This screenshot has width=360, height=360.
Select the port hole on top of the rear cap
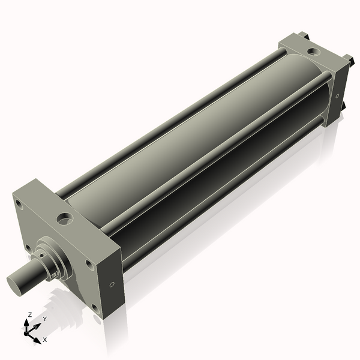pos(314,52)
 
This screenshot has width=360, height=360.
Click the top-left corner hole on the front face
pos(20,205)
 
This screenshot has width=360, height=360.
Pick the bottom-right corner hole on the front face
pos(94,308)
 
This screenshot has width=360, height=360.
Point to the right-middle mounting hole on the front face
pos(89,264)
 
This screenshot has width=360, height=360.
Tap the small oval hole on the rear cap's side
pos(337,95)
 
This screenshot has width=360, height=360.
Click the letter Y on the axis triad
pos(44,319)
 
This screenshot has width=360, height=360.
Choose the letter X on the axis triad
pos(44,340)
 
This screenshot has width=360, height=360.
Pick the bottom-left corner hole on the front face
pos(27,246)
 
